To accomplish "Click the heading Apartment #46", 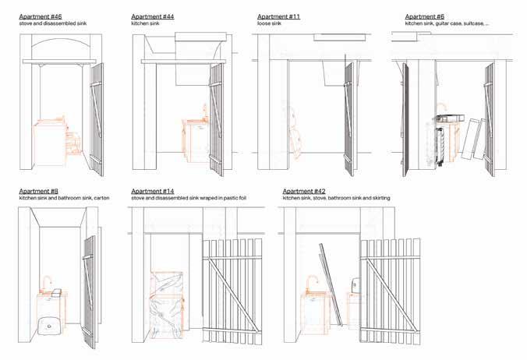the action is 40,16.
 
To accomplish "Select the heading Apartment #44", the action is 153,16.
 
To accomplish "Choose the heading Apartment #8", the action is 38,191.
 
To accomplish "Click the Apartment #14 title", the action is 153,191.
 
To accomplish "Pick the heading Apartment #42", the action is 304,191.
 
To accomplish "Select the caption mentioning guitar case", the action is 447,24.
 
